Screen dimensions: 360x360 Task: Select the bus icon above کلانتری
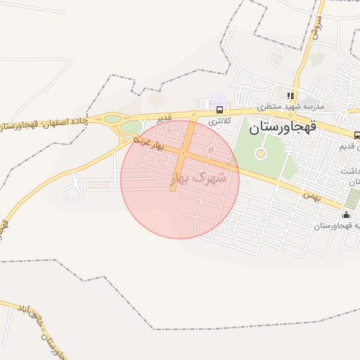click(x=220, y=110)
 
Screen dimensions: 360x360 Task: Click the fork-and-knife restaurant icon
click(x=290, y=95)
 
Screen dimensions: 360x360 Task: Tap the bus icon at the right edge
click(x=357, y=135)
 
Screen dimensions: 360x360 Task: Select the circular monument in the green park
click(x=261, y=153)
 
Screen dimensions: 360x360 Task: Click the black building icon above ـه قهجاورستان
click(x=346, y=214)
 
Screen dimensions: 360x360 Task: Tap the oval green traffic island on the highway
click(x=112, y=120)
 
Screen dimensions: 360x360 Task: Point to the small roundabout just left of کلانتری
click(x=193, y=115)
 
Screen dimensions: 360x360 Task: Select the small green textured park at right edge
click(x=352, y=198)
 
